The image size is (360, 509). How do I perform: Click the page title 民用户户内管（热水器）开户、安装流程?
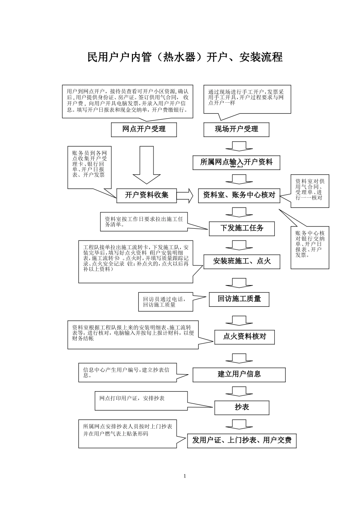click(185, 57)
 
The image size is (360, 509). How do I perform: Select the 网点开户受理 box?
click(144, 130)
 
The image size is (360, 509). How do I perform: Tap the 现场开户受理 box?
click(236, 130)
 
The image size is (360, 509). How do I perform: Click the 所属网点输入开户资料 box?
click(236, 162)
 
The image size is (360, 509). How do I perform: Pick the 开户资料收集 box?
click(147, 195)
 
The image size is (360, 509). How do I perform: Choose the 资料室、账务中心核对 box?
click(239, 195)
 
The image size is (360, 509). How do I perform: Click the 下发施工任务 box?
click(242, 228)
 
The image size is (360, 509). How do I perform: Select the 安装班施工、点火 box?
click(242, 261)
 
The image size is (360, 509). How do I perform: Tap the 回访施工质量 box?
click(239, 299)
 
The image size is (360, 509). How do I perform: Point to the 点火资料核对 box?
click(244, 337)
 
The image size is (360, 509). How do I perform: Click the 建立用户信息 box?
click(239, 375)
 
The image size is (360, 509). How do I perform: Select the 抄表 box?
click(242, 408)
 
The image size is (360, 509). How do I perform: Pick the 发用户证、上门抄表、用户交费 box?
click(242, 440)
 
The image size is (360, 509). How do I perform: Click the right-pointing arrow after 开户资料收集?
click(185, 195)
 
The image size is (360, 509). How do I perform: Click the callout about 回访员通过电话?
click(165, 302)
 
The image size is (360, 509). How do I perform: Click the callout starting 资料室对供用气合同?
click(310, 190)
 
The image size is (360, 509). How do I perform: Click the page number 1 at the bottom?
click(185, 476)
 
